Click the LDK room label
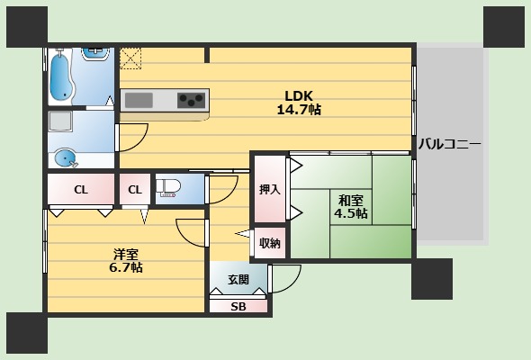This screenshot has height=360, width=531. click(x=299, y=95)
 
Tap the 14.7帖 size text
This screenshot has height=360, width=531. click(x=299, y=110)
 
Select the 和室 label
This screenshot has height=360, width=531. click(x=351, y=200)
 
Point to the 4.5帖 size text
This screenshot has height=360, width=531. click(x=351, y=214)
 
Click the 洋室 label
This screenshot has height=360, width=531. click(x=125, y=254)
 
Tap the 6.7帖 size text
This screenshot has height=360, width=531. click(x=125, y=268)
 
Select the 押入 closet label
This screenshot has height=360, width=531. click(x=269, y=190)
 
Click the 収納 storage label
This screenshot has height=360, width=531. click(x=269, y=243)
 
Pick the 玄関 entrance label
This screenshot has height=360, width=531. click(x=238, y=278)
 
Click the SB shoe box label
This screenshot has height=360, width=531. click(x=238, y=307)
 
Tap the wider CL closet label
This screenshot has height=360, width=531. click(x=81, y=190)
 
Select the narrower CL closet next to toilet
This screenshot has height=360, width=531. click(x=134, y=190)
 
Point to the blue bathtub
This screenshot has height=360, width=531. click(x=63, y=75)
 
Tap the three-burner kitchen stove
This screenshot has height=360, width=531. click(x=191, y=99)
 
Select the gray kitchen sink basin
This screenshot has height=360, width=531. click(x=139, y=99)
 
